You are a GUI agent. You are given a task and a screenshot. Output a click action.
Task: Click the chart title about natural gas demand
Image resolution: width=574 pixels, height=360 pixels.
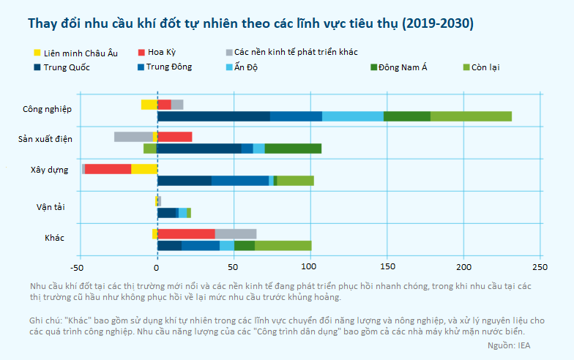click(250, 23)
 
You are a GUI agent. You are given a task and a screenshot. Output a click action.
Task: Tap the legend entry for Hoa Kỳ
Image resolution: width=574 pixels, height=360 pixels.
click(162, 53)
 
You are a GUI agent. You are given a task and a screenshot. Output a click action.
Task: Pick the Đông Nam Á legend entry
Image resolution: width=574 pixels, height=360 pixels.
click(402, 67)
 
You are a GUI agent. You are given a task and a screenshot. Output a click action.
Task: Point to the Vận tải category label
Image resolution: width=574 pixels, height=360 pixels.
click(51, 206)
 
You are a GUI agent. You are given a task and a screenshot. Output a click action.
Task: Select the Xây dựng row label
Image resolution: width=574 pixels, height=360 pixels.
click(49, 169)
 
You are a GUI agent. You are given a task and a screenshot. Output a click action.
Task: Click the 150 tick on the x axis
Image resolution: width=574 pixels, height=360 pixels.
click(387, 266)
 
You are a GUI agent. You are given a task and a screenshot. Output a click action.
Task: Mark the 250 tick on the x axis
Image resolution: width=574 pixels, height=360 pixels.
click(540, 266)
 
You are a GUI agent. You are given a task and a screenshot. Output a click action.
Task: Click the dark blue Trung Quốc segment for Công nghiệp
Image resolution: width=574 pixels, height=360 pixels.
click(213, 116)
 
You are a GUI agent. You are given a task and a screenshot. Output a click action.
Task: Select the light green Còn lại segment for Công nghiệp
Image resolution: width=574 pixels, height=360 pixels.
click(471, 116)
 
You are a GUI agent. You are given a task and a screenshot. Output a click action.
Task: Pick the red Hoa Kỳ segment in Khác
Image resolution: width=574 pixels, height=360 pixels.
click(186, 233)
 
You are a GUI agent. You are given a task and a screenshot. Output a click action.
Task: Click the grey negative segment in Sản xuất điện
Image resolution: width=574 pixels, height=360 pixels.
click(133, 137)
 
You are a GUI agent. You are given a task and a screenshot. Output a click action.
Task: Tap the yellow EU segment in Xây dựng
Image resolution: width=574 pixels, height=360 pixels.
click(144, 168)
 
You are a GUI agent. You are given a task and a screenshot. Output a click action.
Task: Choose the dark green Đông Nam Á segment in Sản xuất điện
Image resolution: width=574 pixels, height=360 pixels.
click(293, 149)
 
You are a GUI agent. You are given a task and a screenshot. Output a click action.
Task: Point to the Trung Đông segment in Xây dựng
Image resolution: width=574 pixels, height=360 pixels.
click(240, 180)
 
